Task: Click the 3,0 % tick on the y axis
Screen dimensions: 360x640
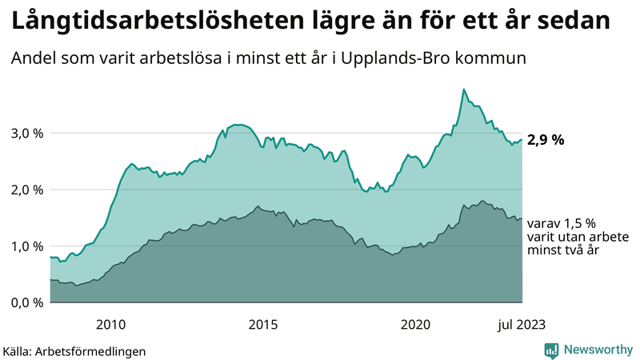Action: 26,134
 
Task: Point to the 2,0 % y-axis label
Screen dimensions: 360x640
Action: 26,190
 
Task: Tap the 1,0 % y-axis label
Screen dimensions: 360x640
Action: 26,246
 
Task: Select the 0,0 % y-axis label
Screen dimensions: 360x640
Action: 26,302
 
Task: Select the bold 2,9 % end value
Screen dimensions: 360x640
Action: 546,140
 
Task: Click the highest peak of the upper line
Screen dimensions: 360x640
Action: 464,90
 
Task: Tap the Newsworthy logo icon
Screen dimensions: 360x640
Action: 551,350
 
